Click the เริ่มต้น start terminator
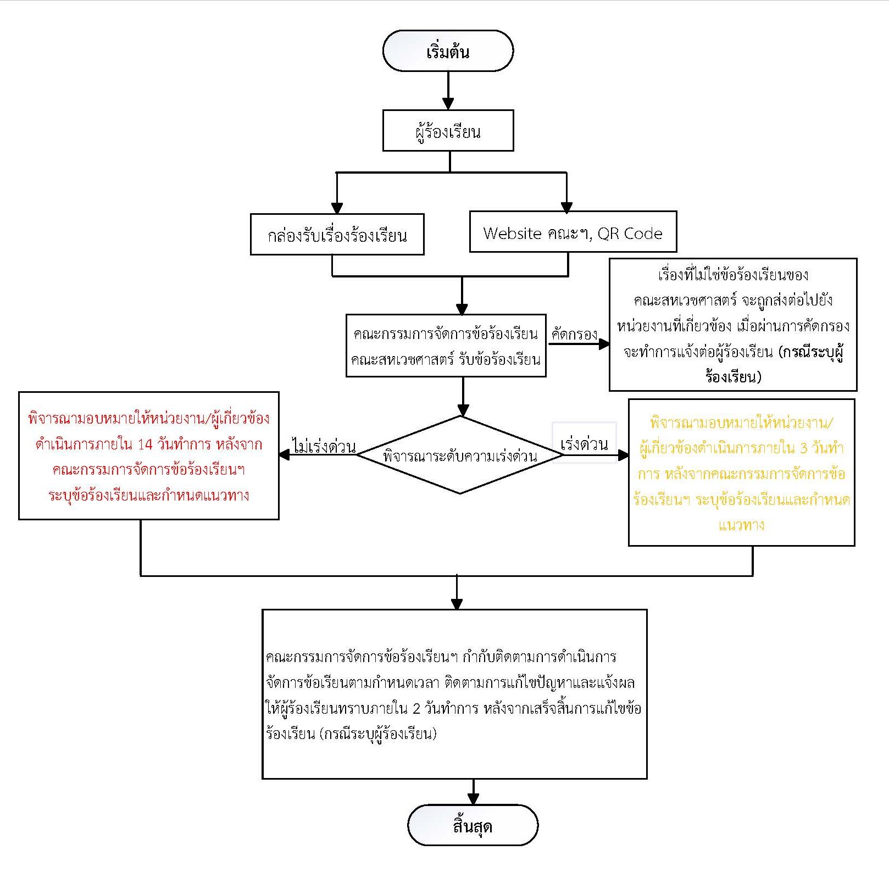[448, 51]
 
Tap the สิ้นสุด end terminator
[473, 825]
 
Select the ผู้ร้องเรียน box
[448, 131]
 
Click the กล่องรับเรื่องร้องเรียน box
[337, 235]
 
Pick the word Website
[512, 234]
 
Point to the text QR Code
[630, 234]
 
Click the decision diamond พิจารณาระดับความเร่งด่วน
[460, 455]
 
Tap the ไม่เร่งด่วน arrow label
[324, 447]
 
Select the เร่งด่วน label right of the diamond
[584, 444]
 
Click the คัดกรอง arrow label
[574, 334]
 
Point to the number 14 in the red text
[145, 444]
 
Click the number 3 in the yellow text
[803, 448]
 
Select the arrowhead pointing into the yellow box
[623, 455]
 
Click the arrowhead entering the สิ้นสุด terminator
[473, 799]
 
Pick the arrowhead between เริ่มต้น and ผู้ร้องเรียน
[448, 104]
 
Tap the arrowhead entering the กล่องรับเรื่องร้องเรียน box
[337, 208]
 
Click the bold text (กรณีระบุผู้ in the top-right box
[811, 352]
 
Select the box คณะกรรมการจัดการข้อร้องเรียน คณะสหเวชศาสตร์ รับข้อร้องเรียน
[446, 346]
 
